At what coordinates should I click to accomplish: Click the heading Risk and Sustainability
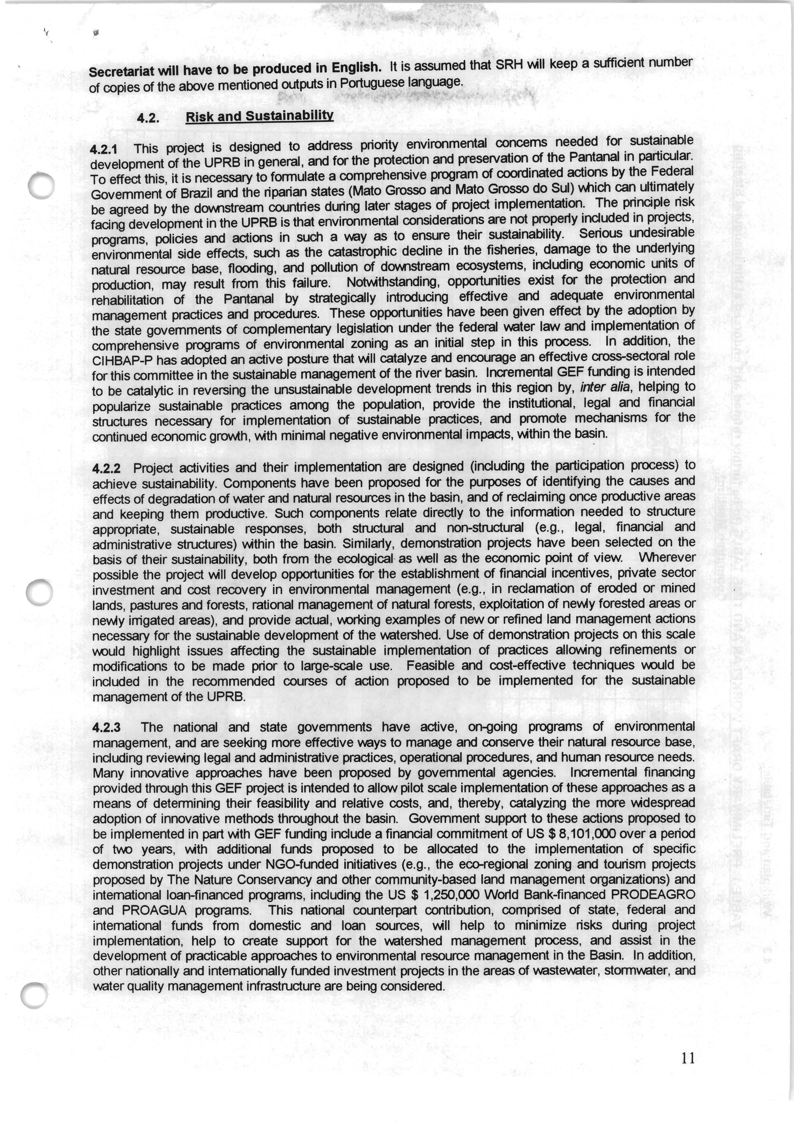pos(259,116)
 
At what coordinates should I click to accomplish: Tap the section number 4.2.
pos(148,118)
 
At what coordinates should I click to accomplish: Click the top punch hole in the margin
pos(41,186)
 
